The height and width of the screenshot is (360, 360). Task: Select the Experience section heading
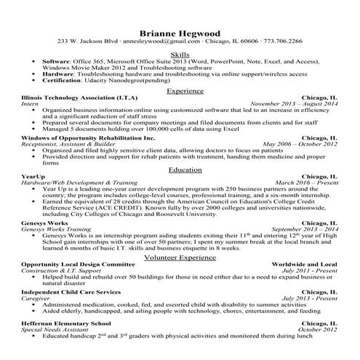pyautogui.click(x=180, y=91)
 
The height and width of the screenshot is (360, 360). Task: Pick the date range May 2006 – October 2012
pyautogui.click(x=299, y=143)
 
